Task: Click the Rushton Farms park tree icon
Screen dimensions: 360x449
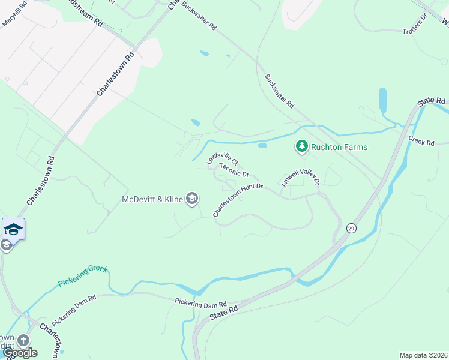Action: click(301, 146)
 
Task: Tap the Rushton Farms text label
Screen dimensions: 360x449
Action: click(340, 147)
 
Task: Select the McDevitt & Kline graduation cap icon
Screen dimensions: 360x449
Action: click(192, 199)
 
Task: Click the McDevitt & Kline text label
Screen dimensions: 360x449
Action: click(152, 200)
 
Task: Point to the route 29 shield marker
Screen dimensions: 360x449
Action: click(351, 228)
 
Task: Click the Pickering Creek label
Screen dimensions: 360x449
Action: click(83, 275)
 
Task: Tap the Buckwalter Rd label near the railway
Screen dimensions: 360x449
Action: click(279, 91)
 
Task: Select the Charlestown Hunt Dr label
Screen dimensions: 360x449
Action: click(238, 200)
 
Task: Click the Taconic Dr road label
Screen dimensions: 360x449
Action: click(234, 170)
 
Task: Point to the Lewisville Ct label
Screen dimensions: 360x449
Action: click(223, 158)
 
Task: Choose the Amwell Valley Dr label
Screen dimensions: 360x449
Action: click(299, 173)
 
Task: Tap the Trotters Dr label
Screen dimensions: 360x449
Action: click(414, 30)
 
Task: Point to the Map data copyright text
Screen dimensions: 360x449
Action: click(424, 355)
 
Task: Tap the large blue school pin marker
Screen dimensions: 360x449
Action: click(13, 229)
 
